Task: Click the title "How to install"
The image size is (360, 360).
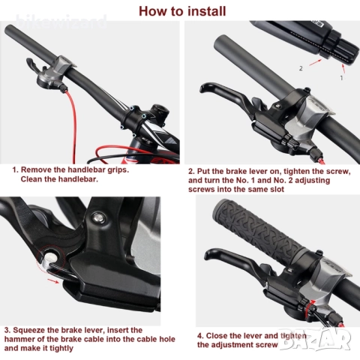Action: coord(182,11)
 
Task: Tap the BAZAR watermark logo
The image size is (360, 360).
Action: coord(316,338)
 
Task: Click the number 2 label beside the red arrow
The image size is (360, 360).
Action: coord(301,68)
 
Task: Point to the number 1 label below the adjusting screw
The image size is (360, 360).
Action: coord(341,78)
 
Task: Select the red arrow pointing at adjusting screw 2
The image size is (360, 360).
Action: coord(315,62)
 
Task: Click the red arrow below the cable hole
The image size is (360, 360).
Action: coord(53,281)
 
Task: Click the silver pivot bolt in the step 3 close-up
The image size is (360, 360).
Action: coord(97,217)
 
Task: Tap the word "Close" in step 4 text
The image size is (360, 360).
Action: coord(217,335)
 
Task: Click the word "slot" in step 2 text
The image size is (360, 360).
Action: coord(277,189)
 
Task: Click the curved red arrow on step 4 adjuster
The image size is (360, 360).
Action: coord(310,305)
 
